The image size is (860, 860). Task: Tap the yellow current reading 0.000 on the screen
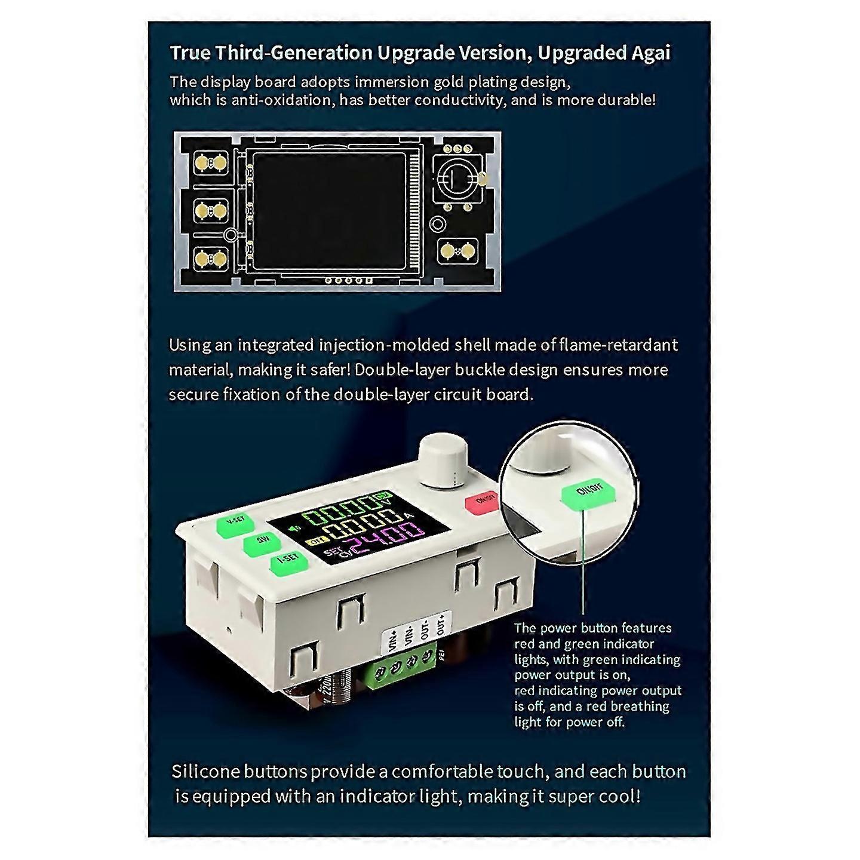357,522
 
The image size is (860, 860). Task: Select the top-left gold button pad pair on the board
211,162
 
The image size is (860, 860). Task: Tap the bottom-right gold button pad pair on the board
457,251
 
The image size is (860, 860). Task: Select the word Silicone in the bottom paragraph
205,772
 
